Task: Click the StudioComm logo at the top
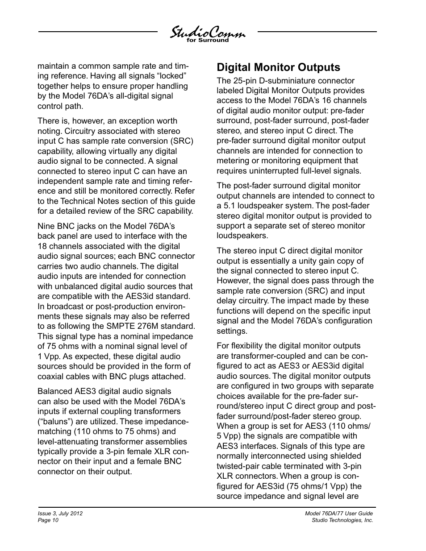207,33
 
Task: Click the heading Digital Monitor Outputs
278,67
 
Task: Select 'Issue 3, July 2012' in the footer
60,514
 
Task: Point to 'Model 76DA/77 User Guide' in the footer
339,514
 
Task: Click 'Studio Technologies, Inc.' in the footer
342,520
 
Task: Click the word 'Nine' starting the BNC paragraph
46,226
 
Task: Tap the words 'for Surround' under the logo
207,40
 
